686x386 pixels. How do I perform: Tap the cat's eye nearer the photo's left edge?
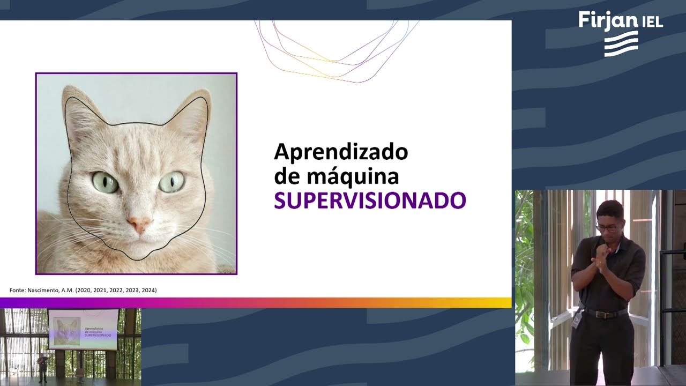point(105,182)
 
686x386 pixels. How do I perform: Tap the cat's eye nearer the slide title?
point(172,182)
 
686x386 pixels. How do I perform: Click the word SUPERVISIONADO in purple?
point(370,201)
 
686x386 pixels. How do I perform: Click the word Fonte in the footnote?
point(17,290)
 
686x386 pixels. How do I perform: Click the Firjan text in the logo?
point(608,20)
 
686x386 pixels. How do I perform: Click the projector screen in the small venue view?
point(83,329)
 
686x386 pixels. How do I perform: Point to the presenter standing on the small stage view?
point(42,367)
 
